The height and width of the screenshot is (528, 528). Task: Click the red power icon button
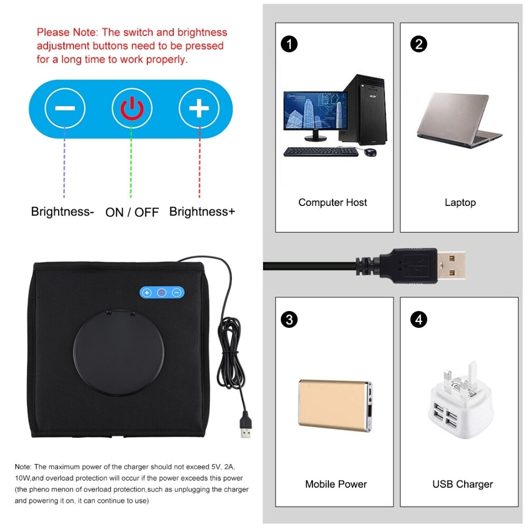131,109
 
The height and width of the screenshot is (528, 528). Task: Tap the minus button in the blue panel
64,109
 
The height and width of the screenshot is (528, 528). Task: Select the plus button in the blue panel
199,109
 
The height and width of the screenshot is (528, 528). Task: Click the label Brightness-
62,212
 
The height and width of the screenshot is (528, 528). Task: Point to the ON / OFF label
132,212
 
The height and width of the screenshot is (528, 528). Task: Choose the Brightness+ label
202,212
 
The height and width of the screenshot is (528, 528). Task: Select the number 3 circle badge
289,319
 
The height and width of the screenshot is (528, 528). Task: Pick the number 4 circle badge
418,319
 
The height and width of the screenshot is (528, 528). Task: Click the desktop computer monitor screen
315,110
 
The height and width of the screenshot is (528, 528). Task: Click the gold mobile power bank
336,404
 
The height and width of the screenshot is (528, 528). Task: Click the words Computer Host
333,203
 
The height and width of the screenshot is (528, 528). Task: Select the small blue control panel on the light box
162,292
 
